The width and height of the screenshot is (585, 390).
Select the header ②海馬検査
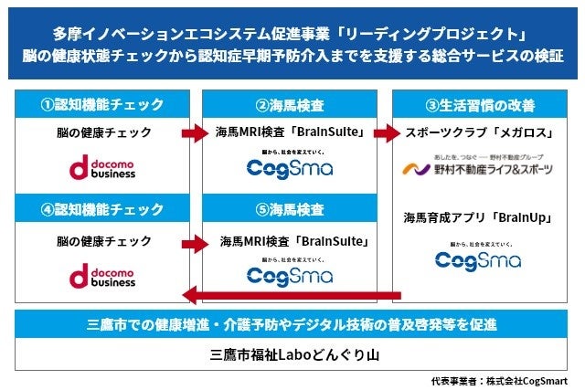tap(291, 102)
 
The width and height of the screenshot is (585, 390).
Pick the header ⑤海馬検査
tap(291, 209)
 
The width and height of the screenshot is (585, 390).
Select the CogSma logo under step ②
tap(291, 165)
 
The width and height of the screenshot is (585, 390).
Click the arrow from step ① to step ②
tap(195, 134)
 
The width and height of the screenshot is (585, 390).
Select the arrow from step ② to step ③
tap(388, 134)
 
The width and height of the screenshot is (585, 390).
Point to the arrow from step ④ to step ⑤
tap(195, 244)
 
